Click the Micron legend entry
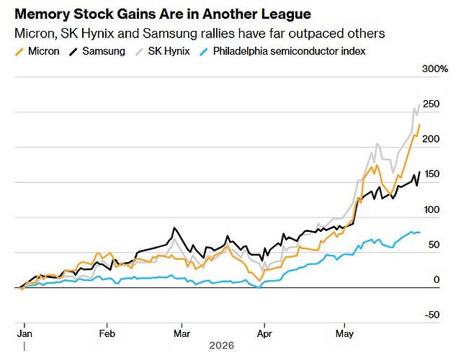click(37, 51)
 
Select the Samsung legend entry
click(97, 51)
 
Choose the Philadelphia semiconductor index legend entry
click(282, 51)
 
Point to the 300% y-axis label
click(435, 69)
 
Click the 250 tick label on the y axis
click(431, 104)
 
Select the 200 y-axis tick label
click(431, 139)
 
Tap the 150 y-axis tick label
click(431, 174)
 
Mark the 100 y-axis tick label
click(431, 210)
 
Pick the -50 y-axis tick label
click(432, 315)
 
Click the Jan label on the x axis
click(24, 333)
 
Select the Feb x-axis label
click(107, 333)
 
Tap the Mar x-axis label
click(182, 333)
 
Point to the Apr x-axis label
click(264, 334)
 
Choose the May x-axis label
click(344, 334)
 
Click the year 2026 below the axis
click(222, 346)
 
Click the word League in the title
click(286, 14)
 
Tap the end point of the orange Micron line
click(419, 125)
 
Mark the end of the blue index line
click(419, 232)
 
